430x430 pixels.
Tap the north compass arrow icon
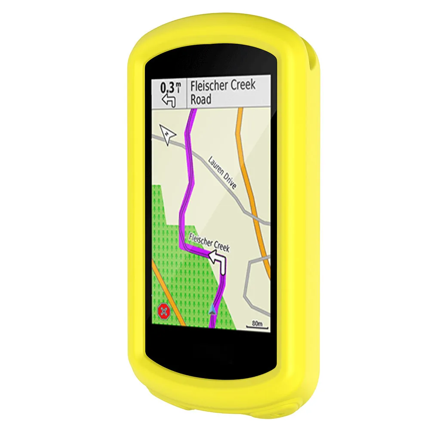[168, 134]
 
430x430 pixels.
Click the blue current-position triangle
[212, 309]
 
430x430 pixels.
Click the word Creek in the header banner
[241, 85]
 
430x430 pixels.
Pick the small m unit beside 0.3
[178, 86]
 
